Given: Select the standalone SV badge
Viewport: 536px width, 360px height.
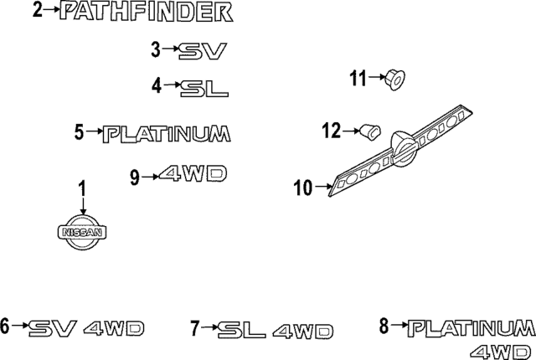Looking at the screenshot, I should point(204,52).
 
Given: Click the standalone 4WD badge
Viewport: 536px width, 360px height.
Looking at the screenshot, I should point(193,174).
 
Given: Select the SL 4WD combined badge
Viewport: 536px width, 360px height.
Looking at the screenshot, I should point(275,330).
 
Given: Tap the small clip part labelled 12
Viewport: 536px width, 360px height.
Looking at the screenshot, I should point(370,131).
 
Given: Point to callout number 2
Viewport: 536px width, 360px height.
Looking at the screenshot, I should point(36,11).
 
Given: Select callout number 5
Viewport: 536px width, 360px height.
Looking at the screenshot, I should point(79,131).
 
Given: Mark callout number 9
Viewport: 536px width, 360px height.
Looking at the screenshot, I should point(134,176).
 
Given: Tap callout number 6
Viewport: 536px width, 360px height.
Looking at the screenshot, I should point(5,327).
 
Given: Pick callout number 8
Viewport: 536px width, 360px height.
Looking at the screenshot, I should point(384,326).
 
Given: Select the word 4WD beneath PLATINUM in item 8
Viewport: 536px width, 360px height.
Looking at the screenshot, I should point(502,349).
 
